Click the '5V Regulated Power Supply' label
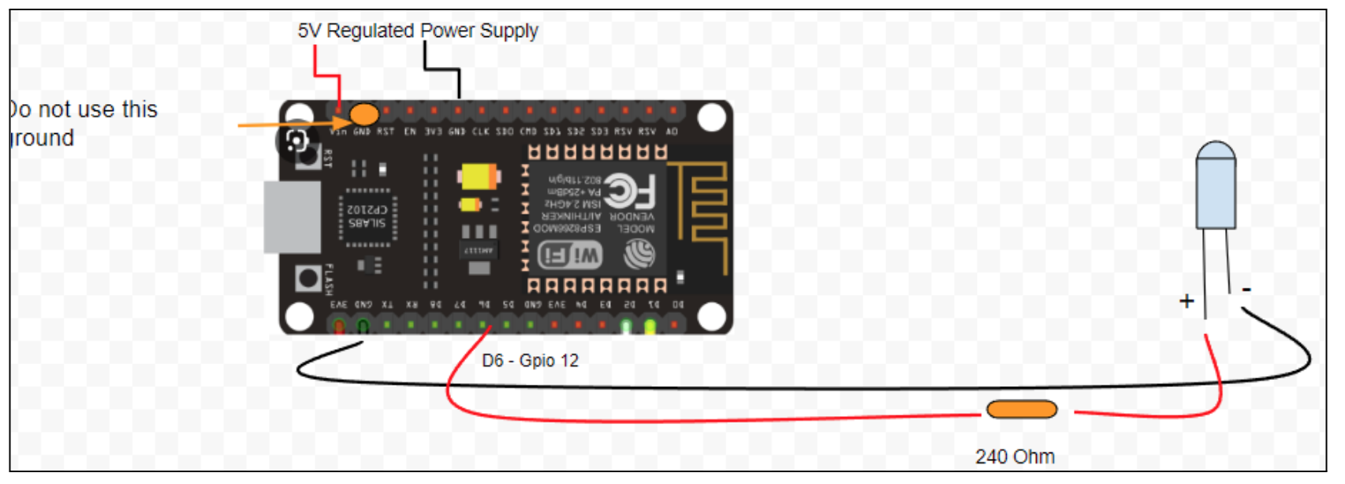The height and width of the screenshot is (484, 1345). pyautogui.click(x=417, y=31)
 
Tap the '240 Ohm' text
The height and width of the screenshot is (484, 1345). pyautogui.click(x=1014, y=456)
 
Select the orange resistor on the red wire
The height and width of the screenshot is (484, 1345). pyautogui.click(x=1021, y=410)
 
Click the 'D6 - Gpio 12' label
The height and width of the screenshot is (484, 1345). pyautogui.click(x=530, y=360)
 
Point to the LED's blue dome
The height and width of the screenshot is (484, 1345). pyautogui.click(x=1216, y=152)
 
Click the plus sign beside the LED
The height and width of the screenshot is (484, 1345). pyautogui.click(x=1186, y=301)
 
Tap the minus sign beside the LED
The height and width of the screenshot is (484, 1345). pyautogui.click(x=1246, y=290)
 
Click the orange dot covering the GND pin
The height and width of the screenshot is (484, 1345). pyautogui.click(x=363, y=114)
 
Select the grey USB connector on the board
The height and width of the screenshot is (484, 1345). pyautogui.click(x=292, y=217)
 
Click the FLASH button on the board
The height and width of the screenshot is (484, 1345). pyautogui.click(x=307, y=278)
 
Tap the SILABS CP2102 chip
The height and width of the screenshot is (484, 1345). pyautogui.click(x=367, y=217)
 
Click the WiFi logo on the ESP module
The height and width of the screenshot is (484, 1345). pyautogui.click(x=570, y=255)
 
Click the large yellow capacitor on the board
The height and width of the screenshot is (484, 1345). pyautogui.click(x=479, y=176)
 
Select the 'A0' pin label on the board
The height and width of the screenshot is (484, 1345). pyautogui.click(x=672, y=132)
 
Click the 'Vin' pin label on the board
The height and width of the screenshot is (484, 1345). pyautogui.click(x=337, y=132)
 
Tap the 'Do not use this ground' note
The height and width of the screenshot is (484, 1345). pyautogui.click(x=83, y=123)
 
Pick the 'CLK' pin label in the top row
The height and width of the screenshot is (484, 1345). pyautogui.click(x=480, y=132)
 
